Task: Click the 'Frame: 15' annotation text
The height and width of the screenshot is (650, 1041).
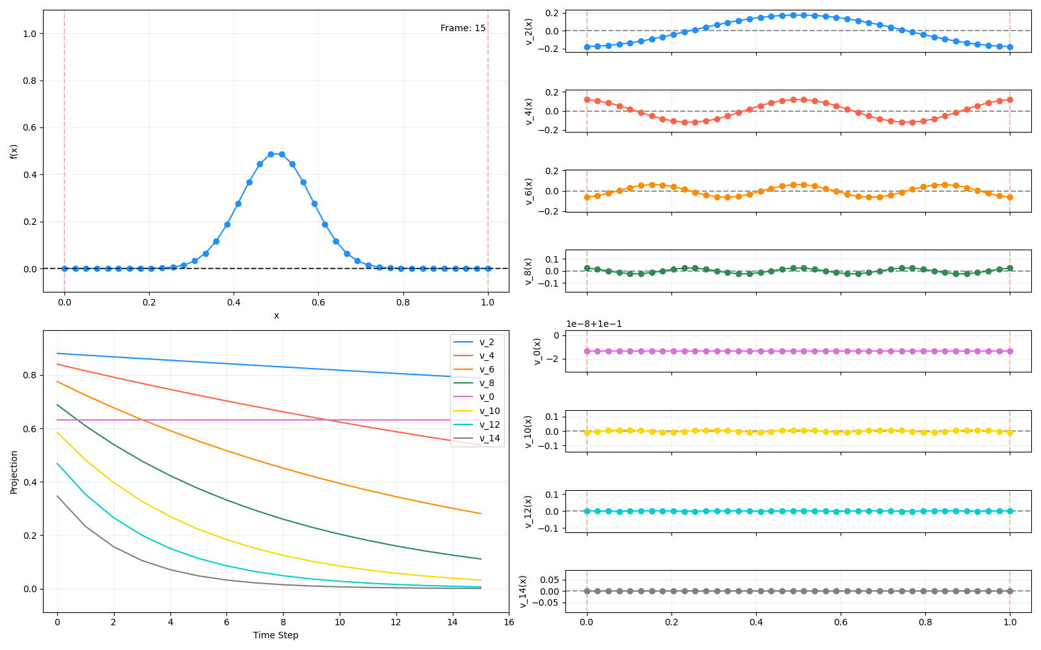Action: (x=463, y=28)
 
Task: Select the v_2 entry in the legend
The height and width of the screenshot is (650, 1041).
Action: (x=487, y=342)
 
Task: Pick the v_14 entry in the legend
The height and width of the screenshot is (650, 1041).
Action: (x=489, y=438)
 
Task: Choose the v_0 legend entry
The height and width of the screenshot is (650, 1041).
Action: (x=487, y=396)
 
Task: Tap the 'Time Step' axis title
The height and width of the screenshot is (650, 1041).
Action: (x=276, y=635)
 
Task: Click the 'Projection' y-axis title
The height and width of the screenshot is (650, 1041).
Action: (x=14, y=472)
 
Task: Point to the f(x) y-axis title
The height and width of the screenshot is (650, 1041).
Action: (x=14, y=151)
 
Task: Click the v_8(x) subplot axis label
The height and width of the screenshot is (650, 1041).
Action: (x=528, y=271)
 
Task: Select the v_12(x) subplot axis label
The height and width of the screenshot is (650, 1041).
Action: (x=528, y=512)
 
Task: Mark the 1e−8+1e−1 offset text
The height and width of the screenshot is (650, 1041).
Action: (x=593, y=324)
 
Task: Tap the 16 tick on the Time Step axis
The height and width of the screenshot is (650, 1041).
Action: (x=509, y=622)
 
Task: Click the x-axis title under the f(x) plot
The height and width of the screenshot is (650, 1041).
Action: (x=276, y=315)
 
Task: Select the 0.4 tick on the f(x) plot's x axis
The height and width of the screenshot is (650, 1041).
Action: (x=234, y=302)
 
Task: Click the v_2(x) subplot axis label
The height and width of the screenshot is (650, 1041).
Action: (x=528, y=31)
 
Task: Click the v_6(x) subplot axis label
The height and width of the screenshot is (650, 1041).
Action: (x=528, y=191)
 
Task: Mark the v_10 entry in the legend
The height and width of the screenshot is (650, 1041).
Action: (x=489, y=411)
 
